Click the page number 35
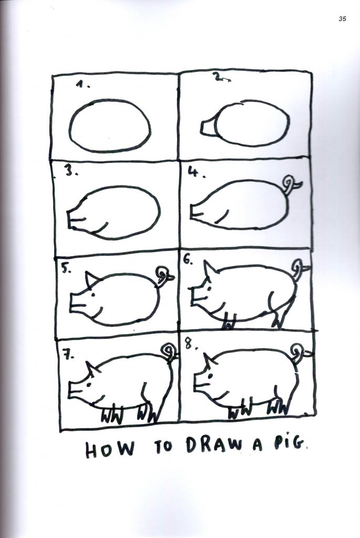tap(342, 19)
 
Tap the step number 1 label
tap(83, 85)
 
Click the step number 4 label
tap(197, 173)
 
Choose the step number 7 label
tap(68, 356)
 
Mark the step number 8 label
tap(190, 344)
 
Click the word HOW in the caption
tap(109, 450)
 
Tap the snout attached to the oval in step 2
tap(208, 127)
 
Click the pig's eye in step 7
tap(89, 385)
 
